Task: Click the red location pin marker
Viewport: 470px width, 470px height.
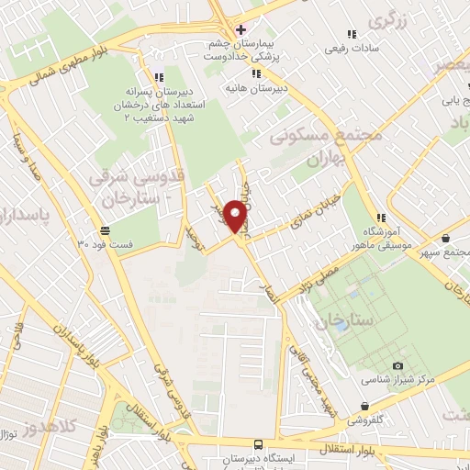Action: pyautogui.click(x=236, y=216)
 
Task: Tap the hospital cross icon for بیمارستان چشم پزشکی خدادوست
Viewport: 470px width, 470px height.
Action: pyautogui.click(x=241, y=28)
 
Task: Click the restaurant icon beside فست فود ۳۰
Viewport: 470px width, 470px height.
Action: pyautogui.click(x=106, y=230)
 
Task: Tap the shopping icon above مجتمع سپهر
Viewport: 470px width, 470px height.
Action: pyautogui.click(x=445, y=238)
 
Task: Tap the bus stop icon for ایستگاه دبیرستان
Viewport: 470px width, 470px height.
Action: pyautogui.click(x=258, y=442)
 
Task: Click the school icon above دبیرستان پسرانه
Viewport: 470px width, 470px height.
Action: pyautogui.click(x=158, y=78)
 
